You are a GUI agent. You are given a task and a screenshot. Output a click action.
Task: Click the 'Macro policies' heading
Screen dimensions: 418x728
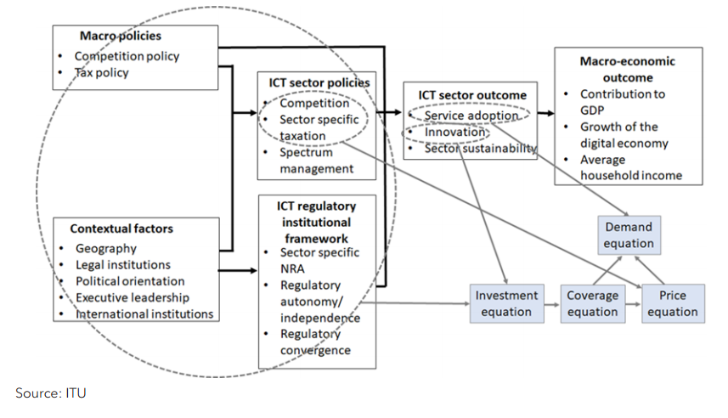[120, 37]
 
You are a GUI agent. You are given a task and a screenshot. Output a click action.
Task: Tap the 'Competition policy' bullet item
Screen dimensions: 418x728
[127, 57]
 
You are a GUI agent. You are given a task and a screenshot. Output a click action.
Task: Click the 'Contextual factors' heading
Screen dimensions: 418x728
[121, 229]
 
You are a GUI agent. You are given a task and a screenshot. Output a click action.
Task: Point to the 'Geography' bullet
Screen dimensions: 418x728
[105, 249]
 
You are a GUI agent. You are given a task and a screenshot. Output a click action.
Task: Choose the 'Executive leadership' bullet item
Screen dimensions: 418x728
[132, 297]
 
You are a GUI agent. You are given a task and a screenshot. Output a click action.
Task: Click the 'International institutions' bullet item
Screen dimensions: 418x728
[144, 313]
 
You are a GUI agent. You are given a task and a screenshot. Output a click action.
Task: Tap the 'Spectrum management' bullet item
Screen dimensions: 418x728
[316, 161]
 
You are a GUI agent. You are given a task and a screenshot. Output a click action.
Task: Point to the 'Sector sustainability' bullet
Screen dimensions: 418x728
[480, 149]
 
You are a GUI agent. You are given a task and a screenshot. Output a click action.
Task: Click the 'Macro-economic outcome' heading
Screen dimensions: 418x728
[616, 69]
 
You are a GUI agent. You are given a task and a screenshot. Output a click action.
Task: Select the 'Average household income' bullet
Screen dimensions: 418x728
[629, 167]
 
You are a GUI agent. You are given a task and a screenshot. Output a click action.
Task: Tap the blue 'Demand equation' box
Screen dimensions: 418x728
[629, 235]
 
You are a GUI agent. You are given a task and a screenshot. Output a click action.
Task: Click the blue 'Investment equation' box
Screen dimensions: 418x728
[506, 303]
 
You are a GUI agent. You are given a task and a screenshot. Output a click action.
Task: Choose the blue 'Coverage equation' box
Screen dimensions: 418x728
[592, 303]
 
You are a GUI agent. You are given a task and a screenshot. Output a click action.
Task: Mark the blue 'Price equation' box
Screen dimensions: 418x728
[672, 303]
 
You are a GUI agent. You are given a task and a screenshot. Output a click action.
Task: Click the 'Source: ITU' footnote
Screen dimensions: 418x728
[50, 393]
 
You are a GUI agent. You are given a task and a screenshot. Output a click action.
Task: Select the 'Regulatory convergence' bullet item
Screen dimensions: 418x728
[315, 342]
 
